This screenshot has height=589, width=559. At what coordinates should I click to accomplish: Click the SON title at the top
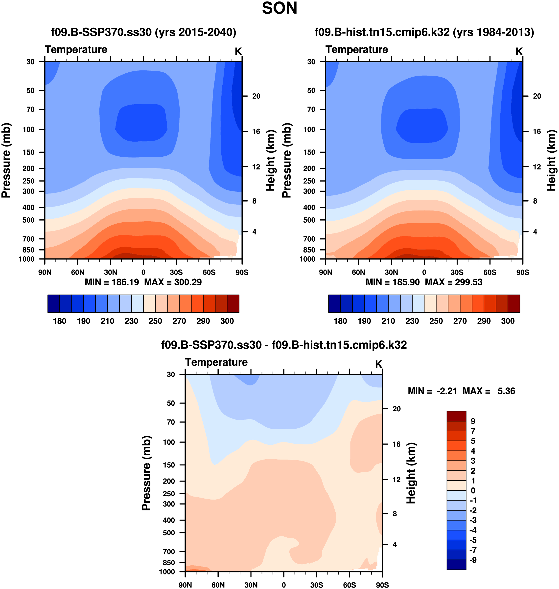click(x=279, y=8)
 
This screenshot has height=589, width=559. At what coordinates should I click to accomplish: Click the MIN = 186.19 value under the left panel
click(x=112, y=282)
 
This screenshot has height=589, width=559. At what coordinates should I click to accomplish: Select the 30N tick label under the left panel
click(x=110, y=272)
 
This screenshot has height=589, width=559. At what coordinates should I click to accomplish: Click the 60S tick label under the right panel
click(x=489, y=272)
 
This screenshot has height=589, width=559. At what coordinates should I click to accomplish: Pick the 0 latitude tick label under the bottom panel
click(x=284, y=585)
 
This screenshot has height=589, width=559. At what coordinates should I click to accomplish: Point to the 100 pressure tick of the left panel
click(x=29, y=129)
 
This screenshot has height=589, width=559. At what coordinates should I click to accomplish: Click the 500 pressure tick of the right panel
click(x=309, y=220)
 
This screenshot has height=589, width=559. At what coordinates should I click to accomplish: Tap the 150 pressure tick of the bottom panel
click(x=169, y=465)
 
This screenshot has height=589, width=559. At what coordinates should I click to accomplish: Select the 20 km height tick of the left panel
click(x=256, y=96)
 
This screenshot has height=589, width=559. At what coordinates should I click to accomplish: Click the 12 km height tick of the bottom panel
click(x=396, y=480)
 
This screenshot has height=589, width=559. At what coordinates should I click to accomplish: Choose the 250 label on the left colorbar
click(x=155, y=321)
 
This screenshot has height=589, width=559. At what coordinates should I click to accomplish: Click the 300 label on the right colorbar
click(x=508, y=321)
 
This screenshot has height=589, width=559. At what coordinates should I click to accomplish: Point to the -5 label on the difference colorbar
click(x=473, y=540)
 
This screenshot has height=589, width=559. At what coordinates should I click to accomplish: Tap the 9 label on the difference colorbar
click(x=473, y=421)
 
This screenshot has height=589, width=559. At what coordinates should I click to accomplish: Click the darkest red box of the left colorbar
click(x=233, y=304)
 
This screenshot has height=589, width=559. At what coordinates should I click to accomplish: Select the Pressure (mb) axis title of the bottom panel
click(x=146, y=473)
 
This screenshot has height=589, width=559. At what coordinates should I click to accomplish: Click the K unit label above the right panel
click(x=519, y=51)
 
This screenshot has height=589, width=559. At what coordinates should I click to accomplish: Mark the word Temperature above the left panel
click(x=76, y=49)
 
